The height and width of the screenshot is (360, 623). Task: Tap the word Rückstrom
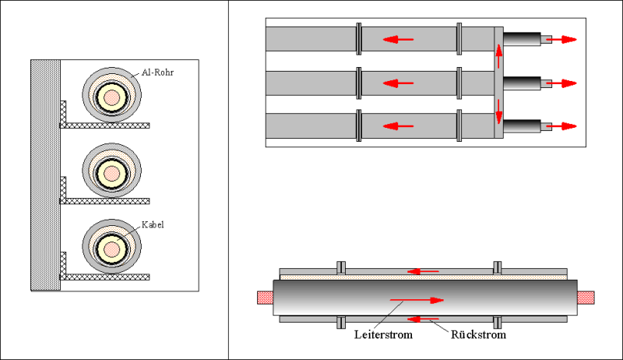pos(478,335)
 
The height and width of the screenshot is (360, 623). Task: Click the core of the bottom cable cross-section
pos(112,249)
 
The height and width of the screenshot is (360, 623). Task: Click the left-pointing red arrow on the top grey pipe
pos(397,39)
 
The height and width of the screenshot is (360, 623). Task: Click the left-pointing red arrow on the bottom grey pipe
pos(397,125)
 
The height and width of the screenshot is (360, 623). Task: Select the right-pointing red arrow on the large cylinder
pos(417,299)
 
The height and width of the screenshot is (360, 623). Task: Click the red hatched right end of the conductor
pos(586,297)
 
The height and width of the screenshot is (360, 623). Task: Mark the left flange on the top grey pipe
pos(359,38)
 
